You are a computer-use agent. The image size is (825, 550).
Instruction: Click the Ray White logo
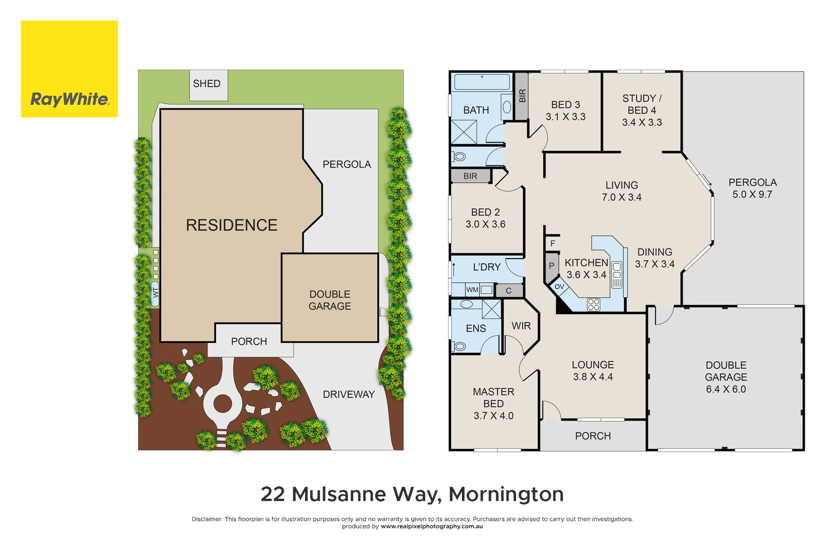(x=69, y=69)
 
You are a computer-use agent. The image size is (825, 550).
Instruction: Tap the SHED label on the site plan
(x=207, y=84)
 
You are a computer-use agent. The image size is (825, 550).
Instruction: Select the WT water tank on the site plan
(x=155, y=293)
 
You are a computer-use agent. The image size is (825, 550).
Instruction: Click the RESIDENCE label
(x=232, y=225)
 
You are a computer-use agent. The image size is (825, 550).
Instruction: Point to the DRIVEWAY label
(x=348, y=395)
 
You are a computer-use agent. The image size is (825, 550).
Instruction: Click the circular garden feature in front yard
(x=223, y=404)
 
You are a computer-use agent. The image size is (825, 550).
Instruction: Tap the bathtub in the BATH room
(x=482, y=82)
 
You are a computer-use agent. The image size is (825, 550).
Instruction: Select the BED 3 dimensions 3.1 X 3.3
(x=565, y=117)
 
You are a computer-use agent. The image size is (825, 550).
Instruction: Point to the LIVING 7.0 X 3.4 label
(x=621, y=191)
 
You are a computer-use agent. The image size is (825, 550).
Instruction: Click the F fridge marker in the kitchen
(x=553, y=244)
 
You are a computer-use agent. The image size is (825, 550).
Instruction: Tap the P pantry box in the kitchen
(x=551, y=266)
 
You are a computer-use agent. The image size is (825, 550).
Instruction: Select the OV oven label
(x=559, y=287)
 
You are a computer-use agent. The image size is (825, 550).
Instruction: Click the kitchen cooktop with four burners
(x=593, y=305)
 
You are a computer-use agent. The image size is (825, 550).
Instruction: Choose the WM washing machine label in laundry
(x=472, y=290)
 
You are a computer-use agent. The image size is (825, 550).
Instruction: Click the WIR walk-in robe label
(x=521, y=326)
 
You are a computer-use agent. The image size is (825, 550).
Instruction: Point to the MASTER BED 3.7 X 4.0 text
(x=493, y=403)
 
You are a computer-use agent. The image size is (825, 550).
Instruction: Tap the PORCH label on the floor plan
(x=593, y=436)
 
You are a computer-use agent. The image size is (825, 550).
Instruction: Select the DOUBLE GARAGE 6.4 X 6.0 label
(x=726, y=377)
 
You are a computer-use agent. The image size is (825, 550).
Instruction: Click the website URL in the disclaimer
(x=431, y=527)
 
